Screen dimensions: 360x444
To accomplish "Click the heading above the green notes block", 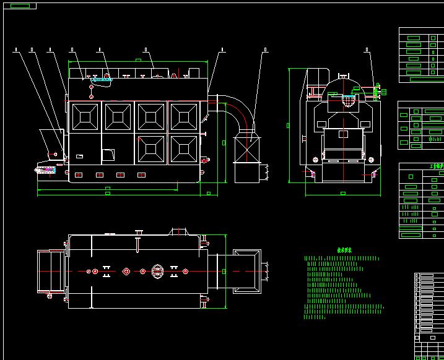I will click(344, 251).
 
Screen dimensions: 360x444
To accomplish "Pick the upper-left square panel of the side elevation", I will click(85, 115).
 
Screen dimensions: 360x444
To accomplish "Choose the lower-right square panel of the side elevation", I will click(183, 149).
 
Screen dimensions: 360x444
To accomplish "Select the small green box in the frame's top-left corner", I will click(20, 6).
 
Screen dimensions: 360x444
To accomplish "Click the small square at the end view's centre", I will click(342, 134).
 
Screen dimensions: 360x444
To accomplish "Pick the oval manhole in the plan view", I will click(157, 271).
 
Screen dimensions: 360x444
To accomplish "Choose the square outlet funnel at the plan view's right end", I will click(246, 271).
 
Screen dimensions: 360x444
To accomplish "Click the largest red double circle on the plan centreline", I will click(126, 271).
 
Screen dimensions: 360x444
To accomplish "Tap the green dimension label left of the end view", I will click(288, 126).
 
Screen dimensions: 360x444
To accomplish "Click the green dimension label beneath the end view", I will click(343, 194).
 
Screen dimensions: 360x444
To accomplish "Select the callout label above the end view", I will click(367, 49).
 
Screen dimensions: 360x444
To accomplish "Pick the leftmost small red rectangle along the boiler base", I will click(79, 175).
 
